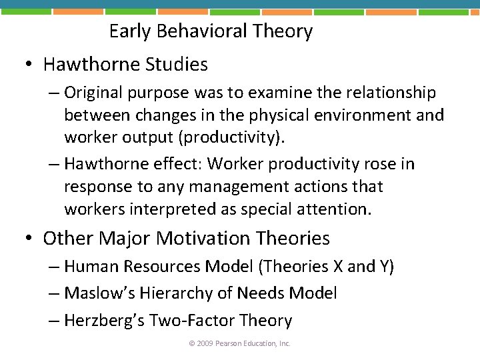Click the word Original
95,93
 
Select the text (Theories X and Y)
326,267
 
